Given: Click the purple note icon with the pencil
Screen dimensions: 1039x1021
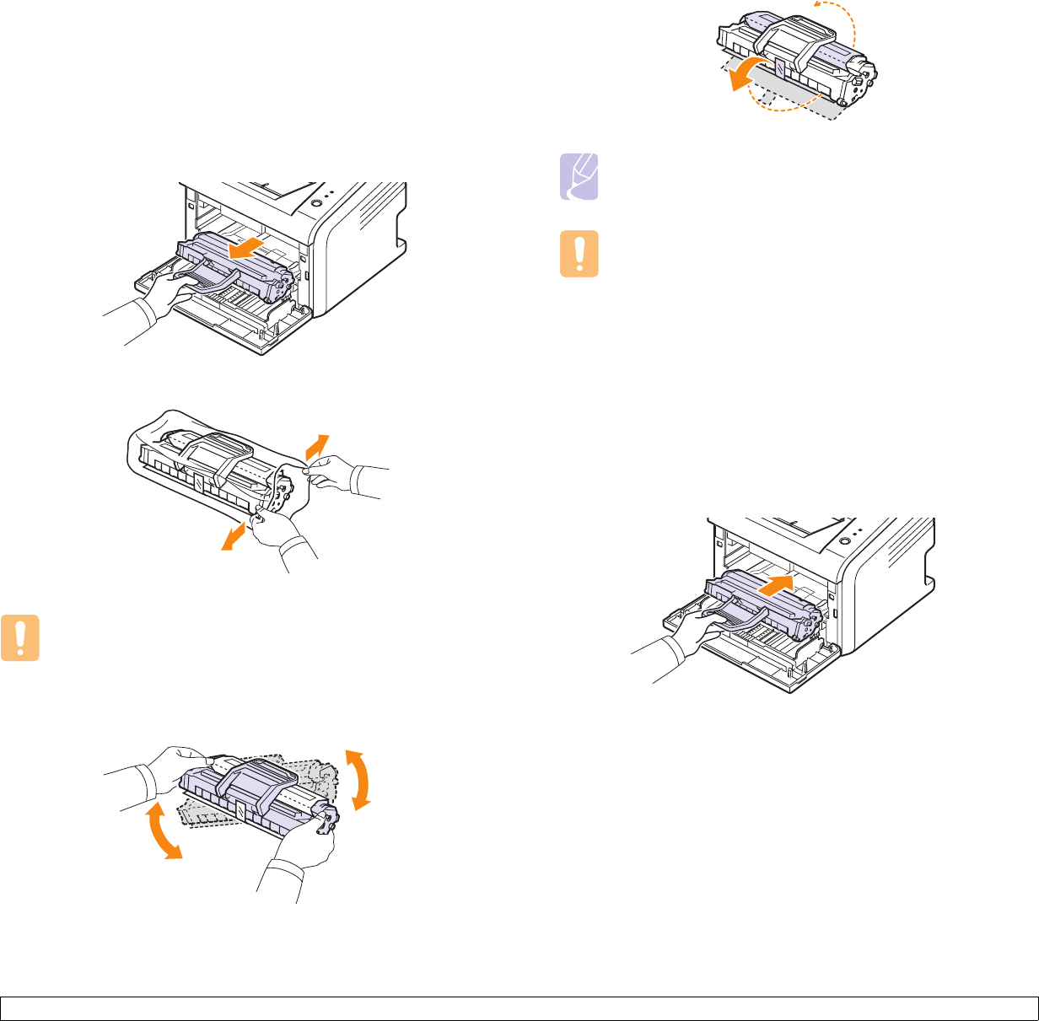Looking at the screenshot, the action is [580, 178].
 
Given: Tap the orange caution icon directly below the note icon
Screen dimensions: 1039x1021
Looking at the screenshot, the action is [580, 254].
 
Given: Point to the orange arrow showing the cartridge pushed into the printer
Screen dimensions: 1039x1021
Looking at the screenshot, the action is [777, 583].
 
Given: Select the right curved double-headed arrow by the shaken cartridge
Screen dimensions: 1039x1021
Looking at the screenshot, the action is [361, 780].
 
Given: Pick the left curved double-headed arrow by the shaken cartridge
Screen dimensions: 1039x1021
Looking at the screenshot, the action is [162, 831].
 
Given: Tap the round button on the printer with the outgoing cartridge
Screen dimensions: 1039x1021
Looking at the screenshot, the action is [315, 203].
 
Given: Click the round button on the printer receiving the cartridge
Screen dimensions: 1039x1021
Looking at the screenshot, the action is [843, 537].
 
